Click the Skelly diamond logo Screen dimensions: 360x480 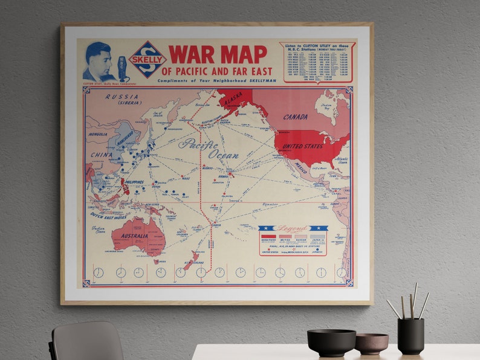[148, 59]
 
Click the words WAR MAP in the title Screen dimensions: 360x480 [217, 54]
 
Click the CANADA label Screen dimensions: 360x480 [295, 117]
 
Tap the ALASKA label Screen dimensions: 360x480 [232, 103]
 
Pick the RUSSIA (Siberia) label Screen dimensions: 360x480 [122, 99]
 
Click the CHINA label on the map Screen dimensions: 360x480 [102, 155]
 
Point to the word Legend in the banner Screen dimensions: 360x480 [292, 230]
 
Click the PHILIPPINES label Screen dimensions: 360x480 [134, 182]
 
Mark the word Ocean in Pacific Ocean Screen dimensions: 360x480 [223, 155]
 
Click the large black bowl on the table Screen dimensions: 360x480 [331, 342]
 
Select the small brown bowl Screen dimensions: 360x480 [371, 344]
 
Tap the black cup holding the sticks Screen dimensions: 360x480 [410, 336]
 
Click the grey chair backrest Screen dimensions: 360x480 [87, 341]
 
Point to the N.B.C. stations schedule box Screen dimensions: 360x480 [317, 62]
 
